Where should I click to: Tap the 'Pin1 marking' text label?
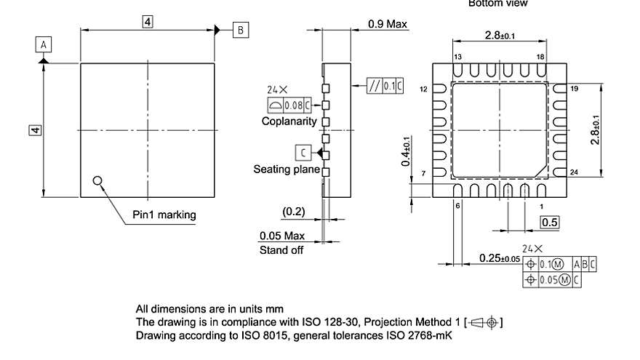coord(164,215)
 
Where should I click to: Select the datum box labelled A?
coord(44,44)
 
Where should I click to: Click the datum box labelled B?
coord(241,29)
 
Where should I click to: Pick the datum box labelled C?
coord(302,152)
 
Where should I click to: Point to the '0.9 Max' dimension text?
coord(388,24)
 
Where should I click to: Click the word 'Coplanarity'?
coord(289,121)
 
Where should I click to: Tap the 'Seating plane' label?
coord(287,169)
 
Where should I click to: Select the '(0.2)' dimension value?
coord(293,211)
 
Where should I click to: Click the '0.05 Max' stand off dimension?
coord(282,236)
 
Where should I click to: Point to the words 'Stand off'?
coord(282,250)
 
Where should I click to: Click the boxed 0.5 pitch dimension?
coord(549,223)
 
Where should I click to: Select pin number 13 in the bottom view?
coord(457,57)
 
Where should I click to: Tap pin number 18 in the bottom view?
coord(540,57)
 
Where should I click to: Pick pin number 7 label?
coord(423,172)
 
